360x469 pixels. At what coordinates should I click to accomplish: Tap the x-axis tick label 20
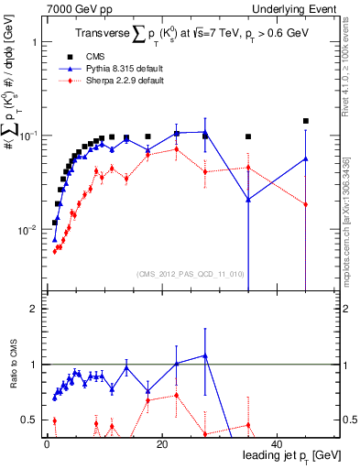162,443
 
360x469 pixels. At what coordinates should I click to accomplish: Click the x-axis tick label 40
278,443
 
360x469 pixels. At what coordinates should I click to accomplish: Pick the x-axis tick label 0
47,443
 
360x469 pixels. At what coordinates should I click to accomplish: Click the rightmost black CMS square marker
306,121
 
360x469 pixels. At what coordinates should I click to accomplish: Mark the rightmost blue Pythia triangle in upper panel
306,158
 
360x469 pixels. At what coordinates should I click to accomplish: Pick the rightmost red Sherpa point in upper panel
306,204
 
